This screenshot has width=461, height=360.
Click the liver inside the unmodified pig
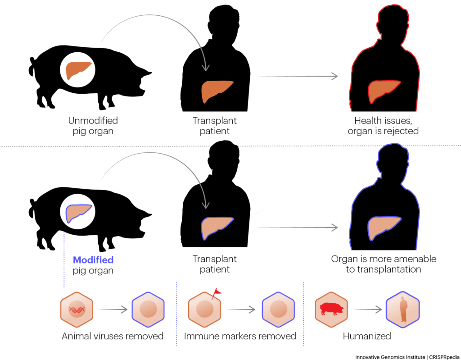pos(77,70)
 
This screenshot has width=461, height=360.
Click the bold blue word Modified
pos(93,260)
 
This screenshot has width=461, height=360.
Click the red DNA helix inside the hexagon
pos(77,310)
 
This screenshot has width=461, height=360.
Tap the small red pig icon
pos(332,309)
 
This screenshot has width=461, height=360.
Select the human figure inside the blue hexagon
pos(403,309)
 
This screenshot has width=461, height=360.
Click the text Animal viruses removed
pos(113,336)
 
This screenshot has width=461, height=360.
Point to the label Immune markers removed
pos(240,336)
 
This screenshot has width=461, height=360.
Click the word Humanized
pos(367,336)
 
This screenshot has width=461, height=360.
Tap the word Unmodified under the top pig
pos(93,120)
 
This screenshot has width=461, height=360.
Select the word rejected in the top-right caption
pos(401,131)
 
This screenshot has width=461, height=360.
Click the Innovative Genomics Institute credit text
pos(390,357)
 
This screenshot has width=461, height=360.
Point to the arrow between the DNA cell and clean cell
pos(113,310)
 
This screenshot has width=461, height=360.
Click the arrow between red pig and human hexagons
pos(368,310)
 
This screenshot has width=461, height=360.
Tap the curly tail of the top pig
pos(32,66)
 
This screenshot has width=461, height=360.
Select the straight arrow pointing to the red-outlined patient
pos(298,76)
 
